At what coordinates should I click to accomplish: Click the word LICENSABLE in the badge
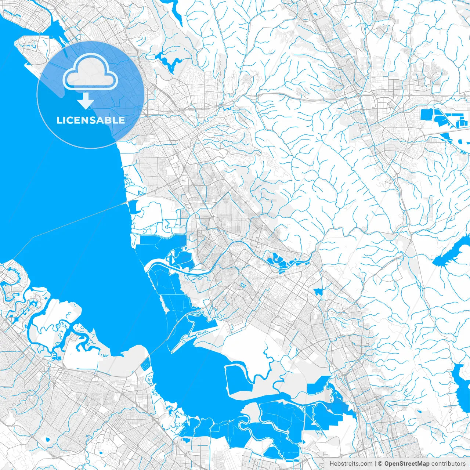(x=90, y=120)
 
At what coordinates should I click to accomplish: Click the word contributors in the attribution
(x=448, y=464)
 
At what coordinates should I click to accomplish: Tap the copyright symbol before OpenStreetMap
(x=380, y=464)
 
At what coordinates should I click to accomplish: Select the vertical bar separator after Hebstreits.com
(x=375, y=464)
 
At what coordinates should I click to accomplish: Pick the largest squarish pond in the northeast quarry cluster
(x=427, y=114)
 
